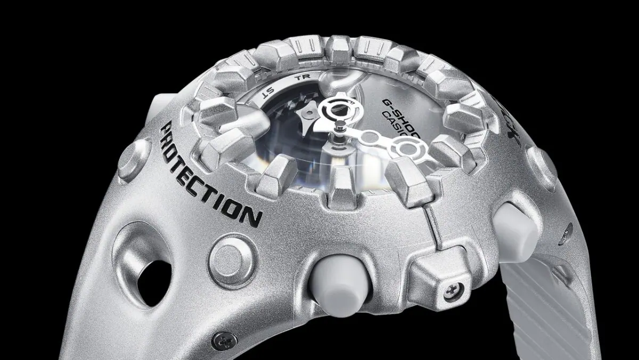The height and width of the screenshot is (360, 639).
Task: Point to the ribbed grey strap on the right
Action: [x=575, y=298]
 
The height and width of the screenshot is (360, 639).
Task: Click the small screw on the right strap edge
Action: [x=569, y=231]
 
